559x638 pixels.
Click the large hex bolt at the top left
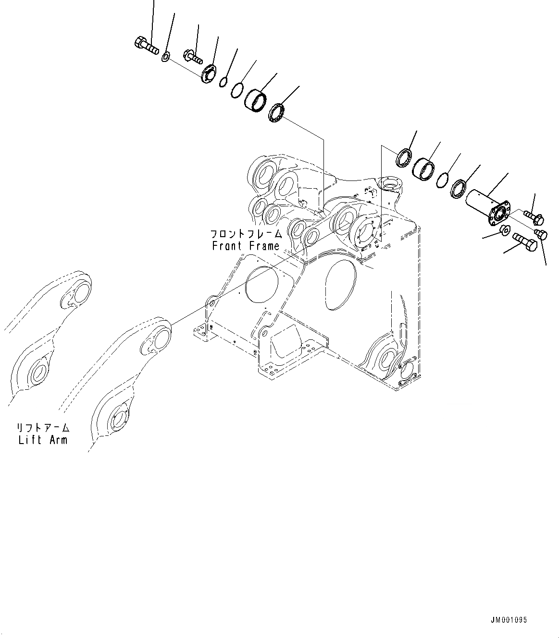click(145, 46)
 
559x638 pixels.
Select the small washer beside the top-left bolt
click(165, 58)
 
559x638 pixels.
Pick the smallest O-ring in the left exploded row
click(223, 83)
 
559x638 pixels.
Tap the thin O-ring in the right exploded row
click(443, 180)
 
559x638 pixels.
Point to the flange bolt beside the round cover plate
click(193, 55)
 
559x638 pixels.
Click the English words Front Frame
click(246, 246)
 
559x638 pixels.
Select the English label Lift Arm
click(43, 439)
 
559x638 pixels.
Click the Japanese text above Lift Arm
click(43, 427)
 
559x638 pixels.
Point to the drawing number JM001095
click(509, 620)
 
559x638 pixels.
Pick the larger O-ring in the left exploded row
click(237, 90)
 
